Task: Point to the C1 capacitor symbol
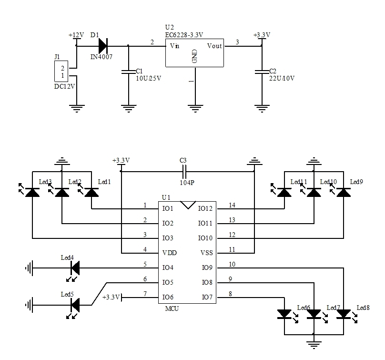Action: [x=128, y=72]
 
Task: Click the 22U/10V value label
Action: [x=282, y=78]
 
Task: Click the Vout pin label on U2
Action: [x=214, y=46]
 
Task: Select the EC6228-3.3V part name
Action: [x=184, y=34]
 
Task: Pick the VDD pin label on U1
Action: [x=170, y=253]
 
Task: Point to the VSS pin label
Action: [x=205, y=253]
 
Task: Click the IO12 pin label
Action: [x=206, y=208]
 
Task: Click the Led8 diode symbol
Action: [x=344, y=314]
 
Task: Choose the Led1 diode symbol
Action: [x=91, y=192]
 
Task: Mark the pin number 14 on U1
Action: [x=233, y=205]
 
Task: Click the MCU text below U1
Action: [x=172, y=309]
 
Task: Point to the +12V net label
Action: [x=76, y=35]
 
